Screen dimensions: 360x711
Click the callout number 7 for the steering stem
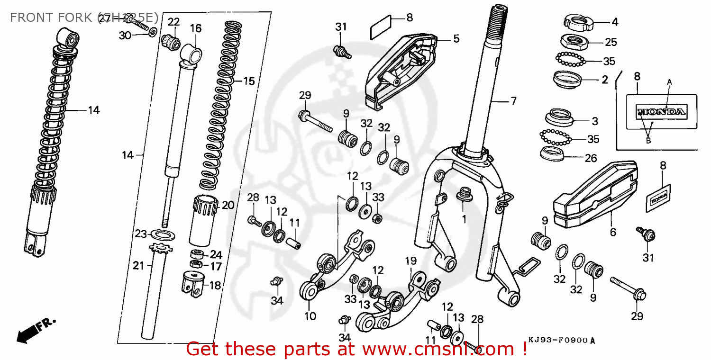click(x=513, y=101)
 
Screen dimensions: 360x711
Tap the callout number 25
click(x=611, y=42)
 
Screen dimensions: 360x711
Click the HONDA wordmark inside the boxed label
click(x=661, y=112)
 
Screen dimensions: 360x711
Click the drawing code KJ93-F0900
click(x=558, y=340)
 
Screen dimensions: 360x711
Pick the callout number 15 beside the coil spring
click(x=249, y=81)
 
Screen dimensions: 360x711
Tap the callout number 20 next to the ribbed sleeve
click(x=228, y=205)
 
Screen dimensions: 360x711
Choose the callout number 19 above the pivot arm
click(x=410, y=261)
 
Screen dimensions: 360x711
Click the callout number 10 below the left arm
click(x=310, y=316)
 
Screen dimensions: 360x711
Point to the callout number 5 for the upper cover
click(x=456, y=38)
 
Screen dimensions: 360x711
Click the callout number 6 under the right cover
click(x=613, y=232)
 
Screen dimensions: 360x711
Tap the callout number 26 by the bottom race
click(x=591, y=158)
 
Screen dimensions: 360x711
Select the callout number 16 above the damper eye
click(x=196, y=28)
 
